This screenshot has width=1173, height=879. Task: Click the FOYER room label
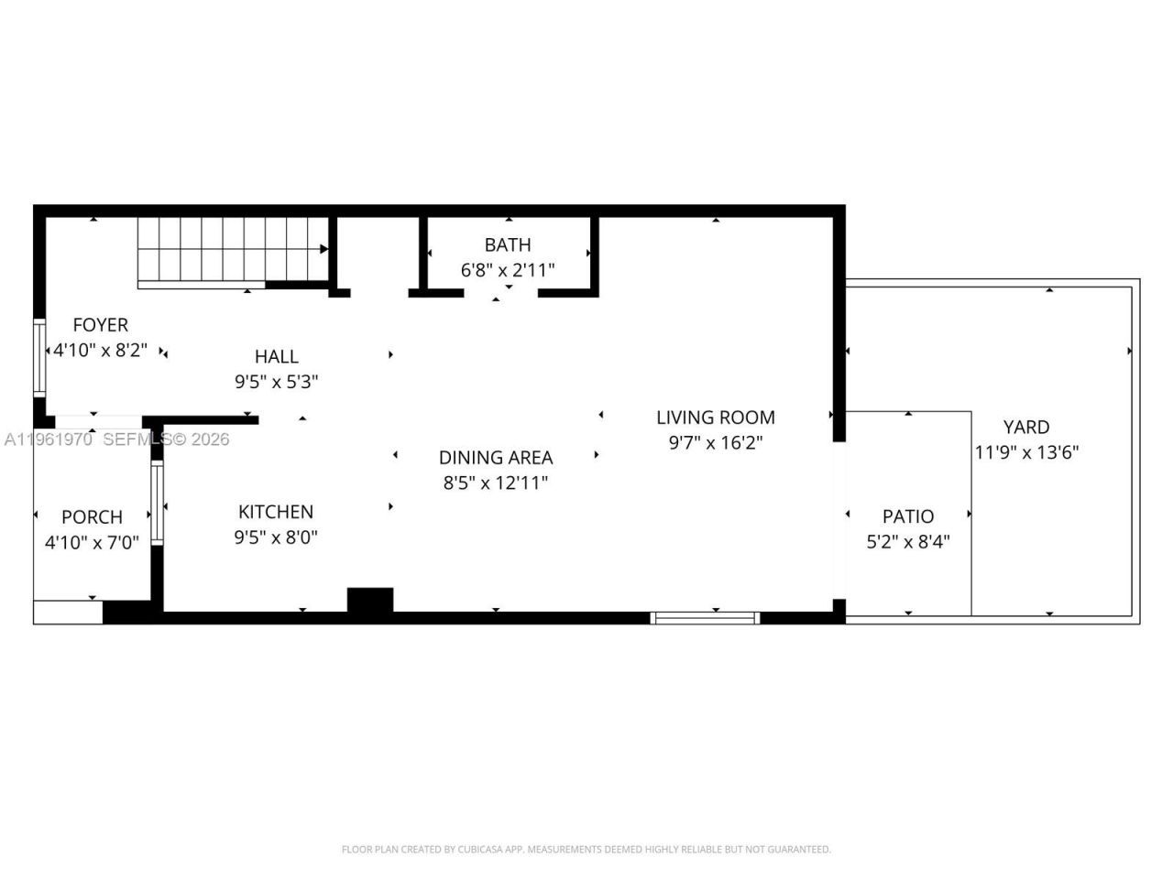coord(100,325)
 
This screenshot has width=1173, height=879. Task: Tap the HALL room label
coord(276,357)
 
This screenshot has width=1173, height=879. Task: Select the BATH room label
coord(507,245)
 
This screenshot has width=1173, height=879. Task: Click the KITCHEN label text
coord(275,512)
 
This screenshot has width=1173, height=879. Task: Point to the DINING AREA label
coord(495,458)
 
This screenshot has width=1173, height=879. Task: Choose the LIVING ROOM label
coord(715,418)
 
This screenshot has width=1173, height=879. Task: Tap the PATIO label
coord(907,516)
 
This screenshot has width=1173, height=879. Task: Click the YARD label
coord(1025,427)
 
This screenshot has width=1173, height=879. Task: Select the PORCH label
coord(92,517)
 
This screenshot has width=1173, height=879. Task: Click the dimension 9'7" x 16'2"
coord(715,443)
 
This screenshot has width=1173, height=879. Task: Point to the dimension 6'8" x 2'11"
coord(507,270)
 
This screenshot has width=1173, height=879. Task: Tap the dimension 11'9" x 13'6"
coord(1025,452)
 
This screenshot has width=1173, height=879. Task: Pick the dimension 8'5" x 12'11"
coord(495,483)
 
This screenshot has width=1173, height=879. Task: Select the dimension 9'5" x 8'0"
coord(275,537)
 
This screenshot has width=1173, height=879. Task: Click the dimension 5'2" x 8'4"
coord(907,542)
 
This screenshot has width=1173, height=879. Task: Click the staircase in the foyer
coord(233,249)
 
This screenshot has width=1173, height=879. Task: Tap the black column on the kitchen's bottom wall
coord(370,600)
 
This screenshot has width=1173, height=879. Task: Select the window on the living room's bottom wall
coord(705,618)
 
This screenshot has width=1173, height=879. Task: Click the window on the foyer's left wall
coord(39,356)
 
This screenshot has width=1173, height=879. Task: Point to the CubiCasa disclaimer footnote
coord(586,850)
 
